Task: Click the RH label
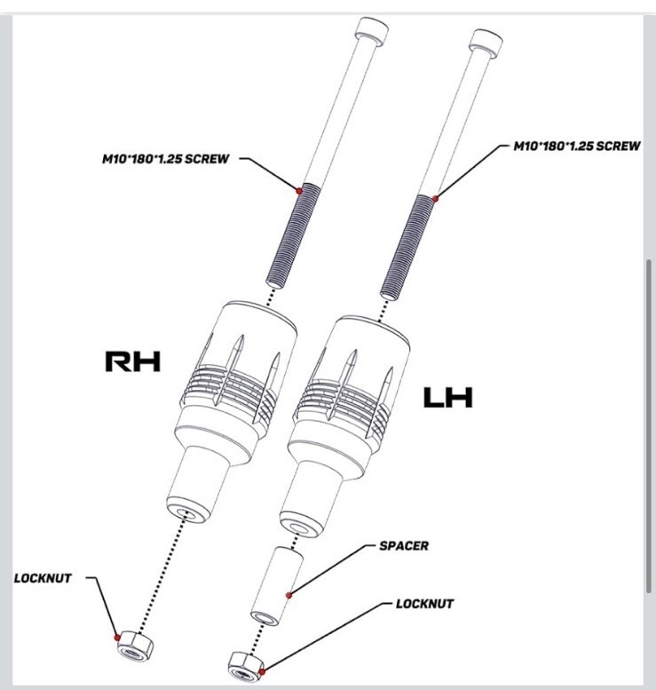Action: [x=133, y=361]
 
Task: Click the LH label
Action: [x=447, y=397]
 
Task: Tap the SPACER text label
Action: [x=404, y=546]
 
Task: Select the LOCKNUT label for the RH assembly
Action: [x=43, y=578]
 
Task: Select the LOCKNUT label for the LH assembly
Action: [x=424, y=604]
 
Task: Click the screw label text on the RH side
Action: [x=166, y=159]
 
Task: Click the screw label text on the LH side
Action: [x=577, y=147]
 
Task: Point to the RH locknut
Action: [x=136, y=645]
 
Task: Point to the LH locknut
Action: [x=246, y=664]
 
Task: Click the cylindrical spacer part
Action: [x=277, y=586]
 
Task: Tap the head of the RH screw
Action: [x=372, y=30]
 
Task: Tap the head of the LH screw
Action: [x=486, y=43]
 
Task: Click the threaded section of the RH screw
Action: [x=294, y=236]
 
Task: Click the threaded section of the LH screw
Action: [x=407, y=248]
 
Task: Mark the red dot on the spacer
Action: [x=289, y=595]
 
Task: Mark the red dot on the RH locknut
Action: [x=117, y=638]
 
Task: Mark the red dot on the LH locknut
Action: [x=262, y=672]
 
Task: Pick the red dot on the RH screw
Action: [x=299, y=191]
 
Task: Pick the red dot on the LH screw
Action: [x=435, y=198]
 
